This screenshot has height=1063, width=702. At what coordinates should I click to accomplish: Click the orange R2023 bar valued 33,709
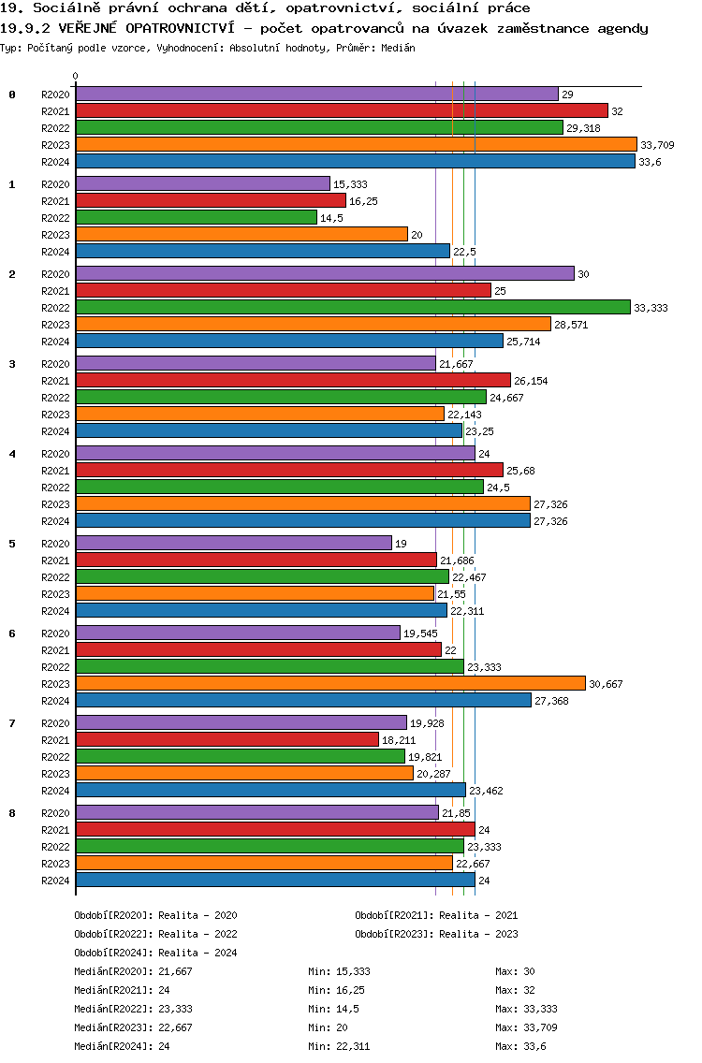coord(356,144)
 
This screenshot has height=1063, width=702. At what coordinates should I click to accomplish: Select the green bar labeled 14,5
coord(197,217)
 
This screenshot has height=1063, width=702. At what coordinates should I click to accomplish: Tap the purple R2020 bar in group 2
coord(325,273)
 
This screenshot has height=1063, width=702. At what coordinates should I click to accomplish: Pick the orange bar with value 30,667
coord(330,683)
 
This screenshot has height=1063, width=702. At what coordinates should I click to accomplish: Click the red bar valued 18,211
coord(227,739)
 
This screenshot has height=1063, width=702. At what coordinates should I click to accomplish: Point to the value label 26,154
coord(531,381)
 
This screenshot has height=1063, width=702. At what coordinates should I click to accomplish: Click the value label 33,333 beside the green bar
coord(651,308)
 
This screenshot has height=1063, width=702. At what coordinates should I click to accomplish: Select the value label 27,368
coord(551,701)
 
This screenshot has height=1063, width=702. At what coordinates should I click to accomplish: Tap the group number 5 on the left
coord(12,544)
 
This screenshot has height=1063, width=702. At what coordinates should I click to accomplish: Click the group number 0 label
coord(12,95)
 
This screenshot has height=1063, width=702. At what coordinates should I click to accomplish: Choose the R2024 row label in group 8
coord(55,881)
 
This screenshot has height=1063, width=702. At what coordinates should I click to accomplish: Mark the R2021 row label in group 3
coord(55,381)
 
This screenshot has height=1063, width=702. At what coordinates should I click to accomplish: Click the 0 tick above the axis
coord(76,76)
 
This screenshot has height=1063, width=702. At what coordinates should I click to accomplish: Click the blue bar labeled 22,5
coord(263,251)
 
